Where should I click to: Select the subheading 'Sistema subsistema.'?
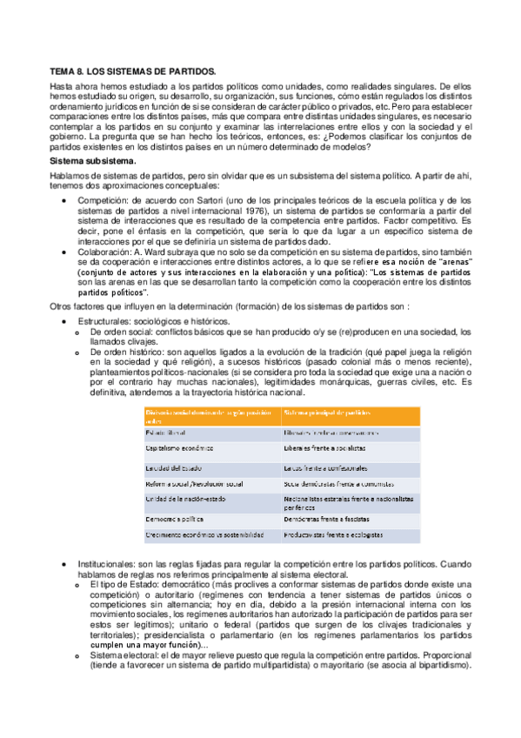[x=91, y=162]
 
